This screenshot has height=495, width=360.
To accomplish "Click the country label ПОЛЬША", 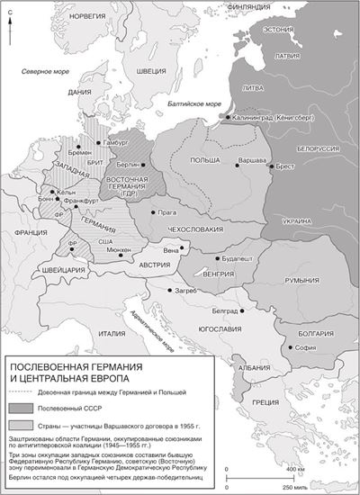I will pos(205,157).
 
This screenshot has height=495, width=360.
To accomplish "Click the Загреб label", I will pos(184,292).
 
